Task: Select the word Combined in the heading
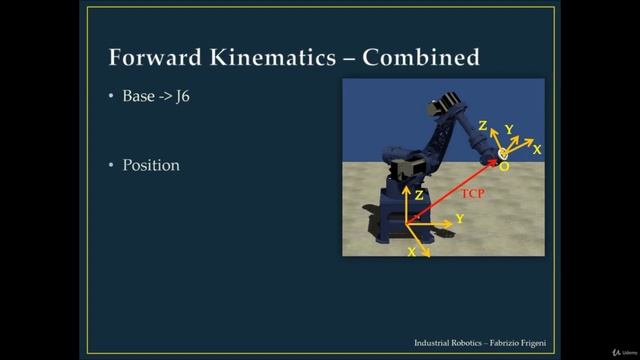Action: click(x=421, y=57)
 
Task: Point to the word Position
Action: click(x=151, y=165)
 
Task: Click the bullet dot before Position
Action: click(x=112, y=166)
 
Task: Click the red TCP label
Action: click(x=472, y=193)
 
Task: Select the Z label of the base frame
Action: click(x=420, y=196)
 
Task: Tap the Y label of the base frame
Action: click(x=459, y=218)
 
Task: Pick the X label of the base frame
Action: click(x=412, y=253)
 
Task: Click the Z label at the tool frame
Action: click(x=483, y=126)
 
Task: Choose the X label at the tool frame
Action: click(x=537, y=149)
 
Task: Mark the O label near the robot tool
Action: click(x=503, y=167)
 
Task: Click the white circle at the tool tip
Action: click(x=503, y=153)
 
